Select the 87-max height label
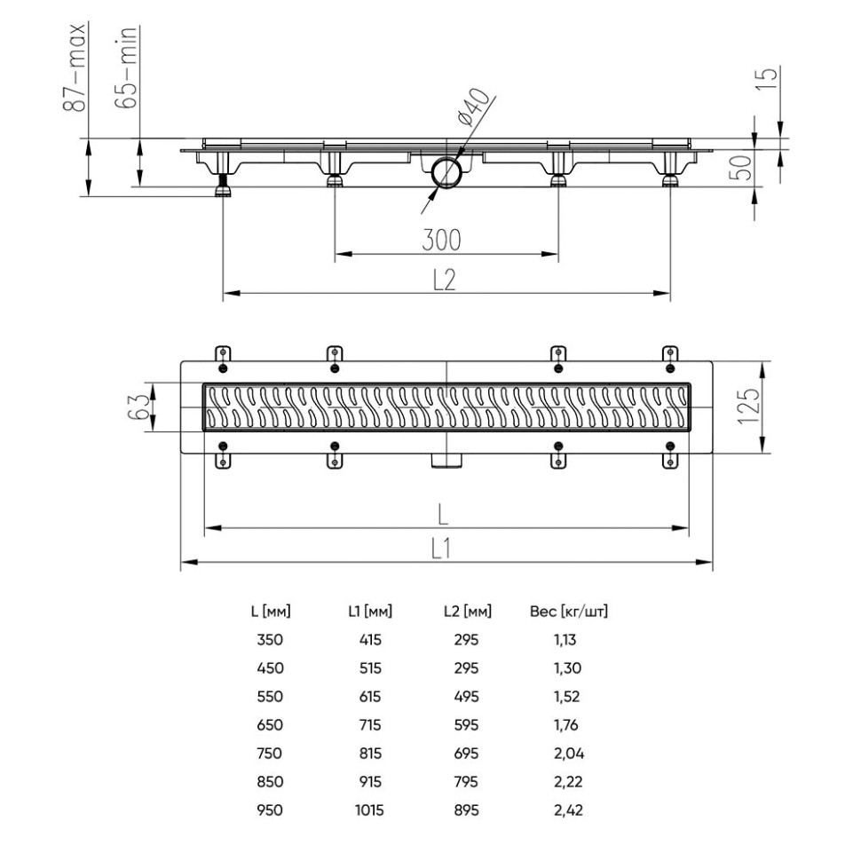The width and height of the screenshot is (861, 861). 78,68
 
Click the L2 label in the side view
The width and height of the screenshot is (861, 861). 444,280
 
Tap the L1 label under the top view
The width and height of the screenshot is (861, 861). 444,550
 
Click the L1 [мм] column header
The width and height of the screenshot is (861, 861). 370,612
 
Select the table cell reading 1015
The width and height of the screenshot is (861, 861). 370,810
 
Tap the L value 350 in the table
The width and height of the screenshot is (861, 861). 270,640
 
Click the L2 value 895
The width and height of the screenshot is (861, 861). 466,810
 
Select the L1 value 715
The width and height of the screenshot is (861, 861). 370,725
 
